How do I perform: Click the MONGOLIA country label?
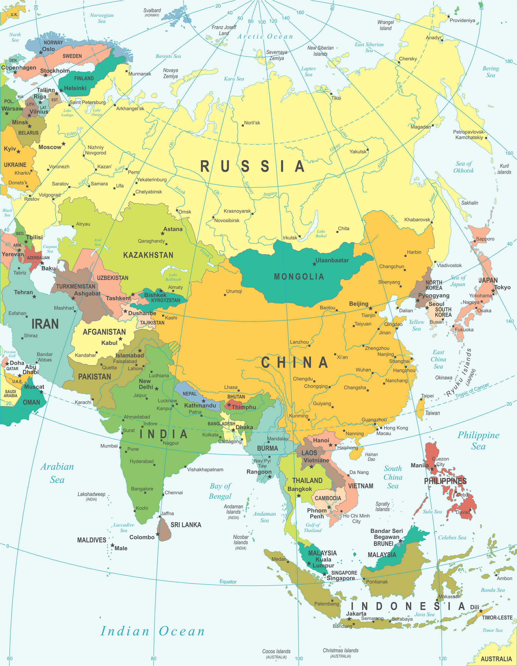click(299, 276)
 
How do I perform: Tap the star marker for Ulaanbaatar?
click(315, 264)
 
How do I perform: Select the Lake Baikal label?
click(321, 234)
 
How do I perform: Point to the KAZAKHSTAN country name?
click(148, 255)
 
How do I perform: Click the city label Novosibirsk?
click(227, 220)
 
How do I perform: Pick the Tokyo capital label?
click(502, 287)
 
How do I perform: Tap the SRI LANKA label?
click(186, 525)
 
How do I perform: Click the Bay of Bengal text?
click(220, 491)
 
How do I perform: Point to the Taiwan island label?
click(432, 413)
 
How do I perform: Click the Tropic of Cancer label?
click(472, 390)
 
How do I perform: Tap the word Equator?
click(228, 582)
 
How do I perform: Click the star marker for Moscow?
click(63, 144)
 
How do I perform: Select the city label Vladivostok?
click(449, 265)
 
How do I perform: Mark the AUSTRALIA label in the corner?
click(496, 659)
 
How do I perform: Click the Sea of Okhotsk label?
click(463, 167)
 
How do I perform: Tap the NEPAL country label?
click(189, 394)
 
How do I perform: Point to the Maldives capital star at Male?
click(112, 545)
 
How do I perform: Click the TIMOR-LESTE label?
click(497, 617)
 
